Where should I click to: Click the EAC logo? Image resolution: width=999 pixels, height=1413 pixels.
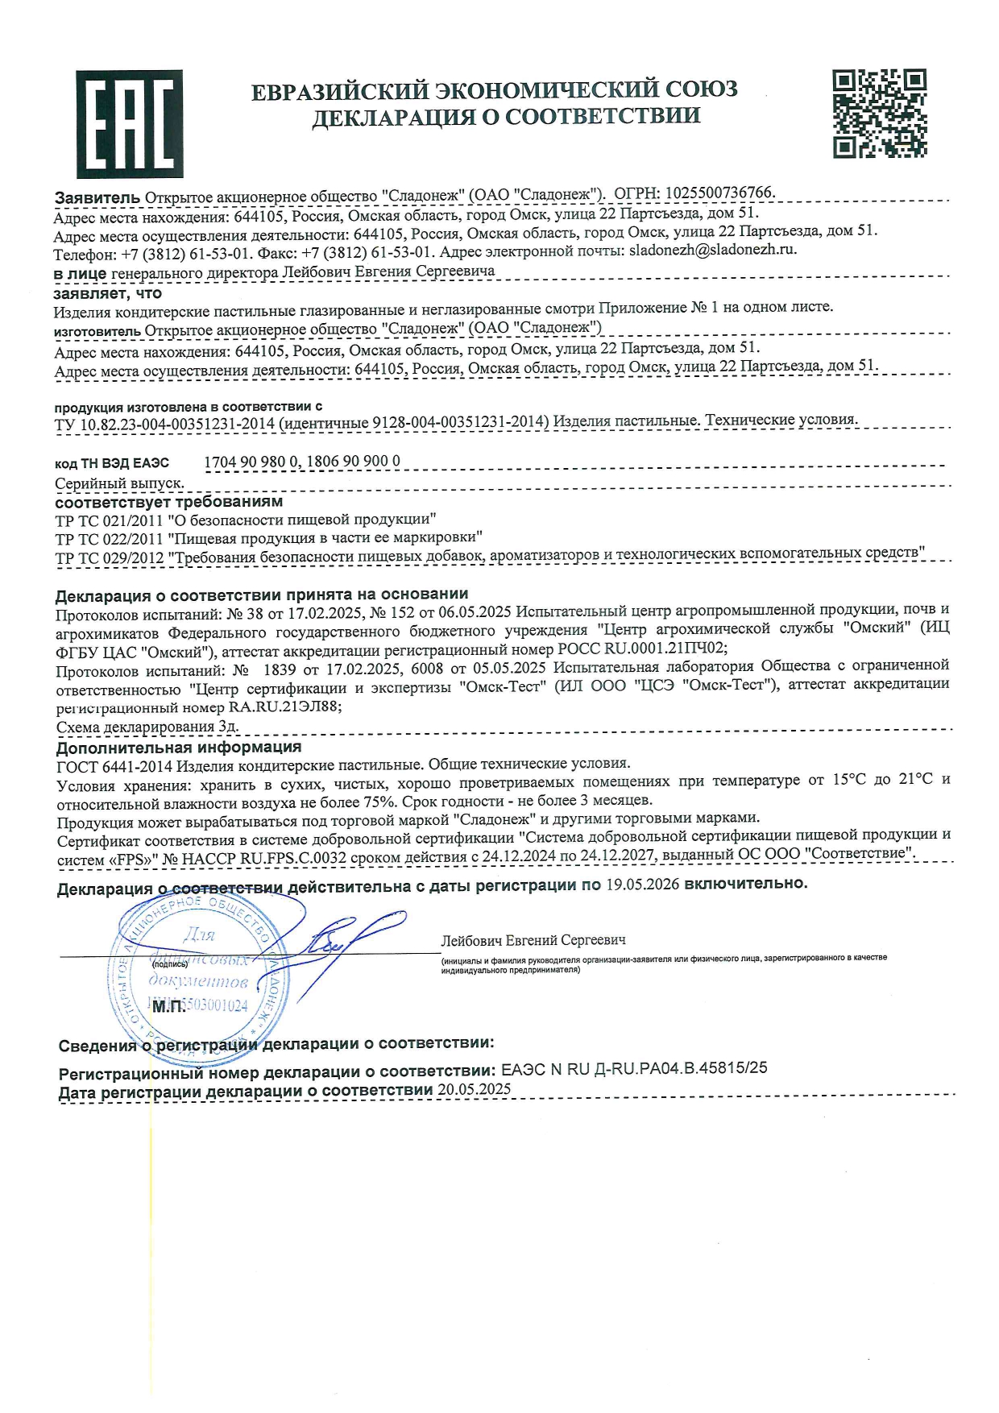[129, 123]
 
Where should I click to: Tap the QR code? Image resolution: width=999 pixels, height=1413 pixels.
[879, 114]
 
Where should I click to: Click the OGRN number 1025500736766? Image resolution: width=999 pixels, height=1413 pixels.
[719, 193]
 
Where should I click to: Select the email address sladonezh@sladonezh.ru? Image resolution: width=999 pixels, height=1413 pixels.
[712, 250]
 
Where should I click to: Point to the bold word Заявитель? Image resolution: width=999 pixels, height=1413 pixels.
[97, 197]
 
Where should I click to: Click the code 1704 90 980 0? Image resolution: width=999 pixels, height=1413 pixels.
[251, 462]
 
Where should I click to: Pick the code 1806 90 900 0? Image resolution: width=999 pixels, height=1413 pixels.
[354, 462]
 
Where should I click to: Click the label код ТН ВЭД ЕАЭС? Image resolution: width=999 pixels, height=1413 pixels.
[112, 463]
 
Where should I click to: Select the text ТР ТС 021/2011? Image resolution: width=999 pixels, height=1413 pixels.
[109, 520]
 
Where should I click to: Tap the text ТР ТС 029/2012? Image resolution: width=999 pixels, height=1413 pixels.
[109, 557]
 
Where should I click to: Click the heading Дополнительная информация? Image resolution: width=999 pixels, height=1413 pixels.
[178, 748]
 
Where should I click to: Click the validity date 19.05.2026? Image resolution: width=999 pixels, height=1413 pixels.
[643, 884]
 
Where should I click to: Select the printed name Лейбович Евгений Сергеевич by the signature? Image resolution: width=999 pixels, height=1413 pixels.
[533, 940]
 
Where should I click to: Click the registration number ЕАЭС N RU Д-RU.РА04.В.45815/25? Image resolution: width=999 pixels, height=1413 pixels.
[634, 1068]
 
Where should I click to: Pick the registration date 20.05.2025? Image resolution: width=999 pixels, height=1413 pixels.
[474, 1089]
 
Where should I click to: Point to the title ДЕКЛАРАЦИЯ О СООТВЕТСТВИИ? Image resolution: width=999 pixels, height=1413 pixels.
[506, 117]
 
